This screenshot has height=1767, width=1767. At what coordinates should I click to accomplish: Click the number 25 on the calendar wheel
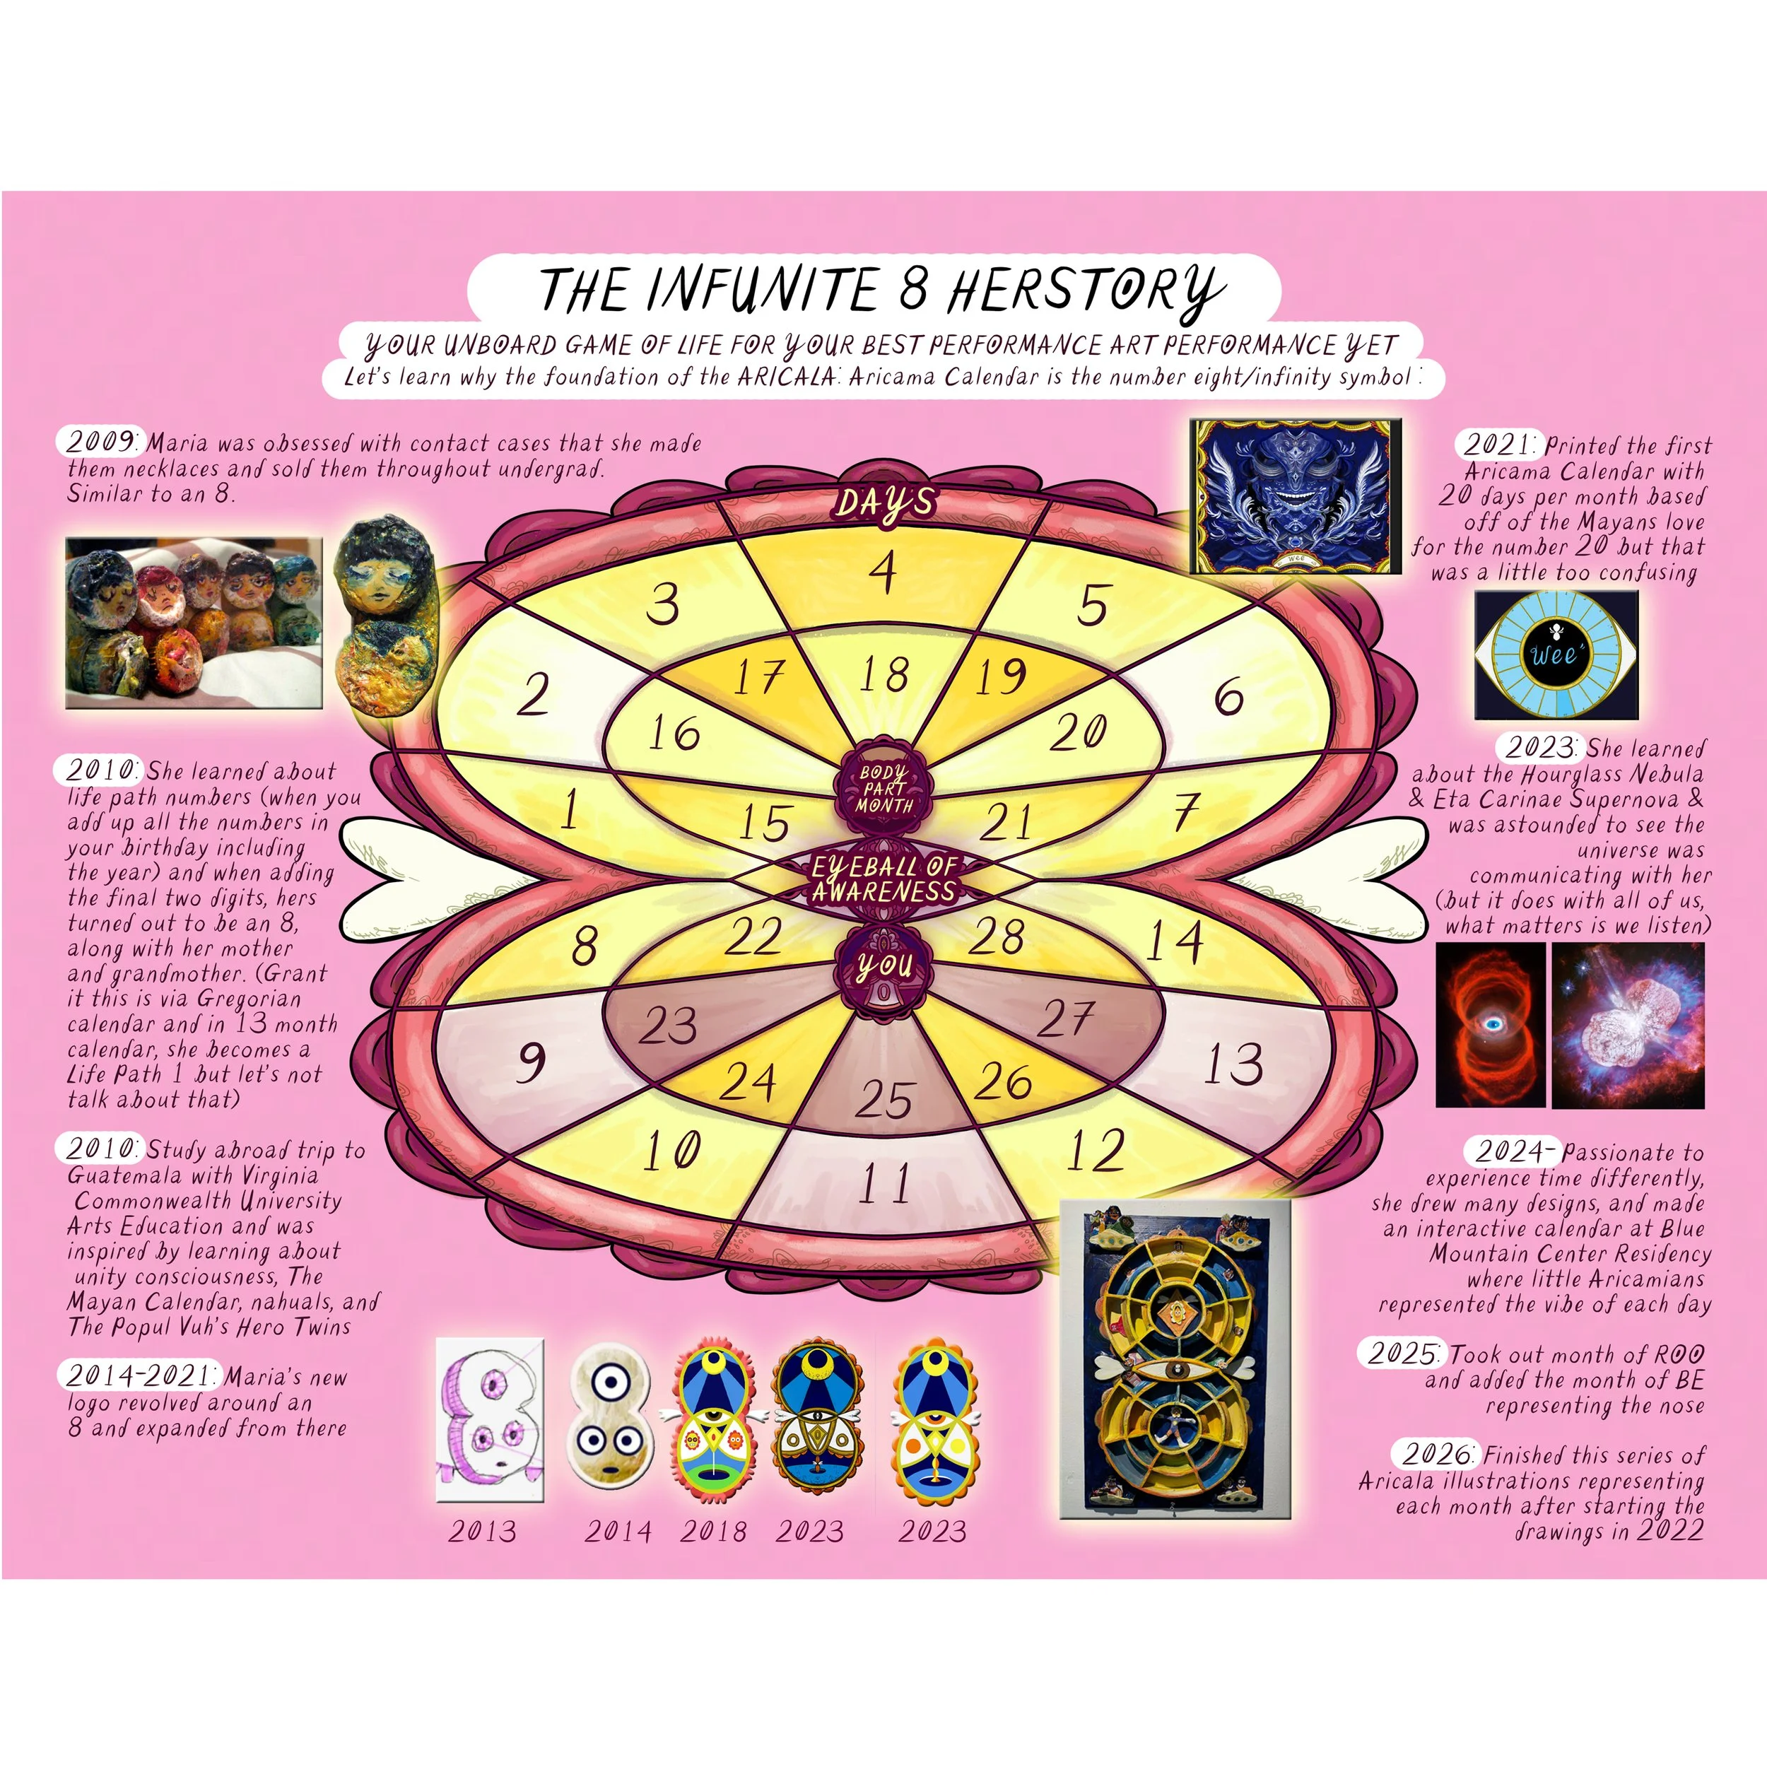point(884,1098)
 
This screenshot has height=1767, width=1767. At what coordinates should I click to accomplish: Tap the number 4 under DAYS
point(883,573)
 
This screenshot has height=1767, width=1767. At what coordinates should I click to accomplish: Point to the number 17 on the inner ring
point(758,677)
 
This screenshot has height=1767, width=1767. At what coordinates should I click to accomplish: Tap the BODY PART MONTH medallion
point(884,787)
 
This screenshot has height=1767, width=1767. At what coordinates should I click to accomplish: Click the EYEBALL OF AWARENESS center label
point(884,878)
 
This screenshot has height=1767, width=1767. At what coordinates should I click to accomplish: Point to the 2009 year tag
point(100,441)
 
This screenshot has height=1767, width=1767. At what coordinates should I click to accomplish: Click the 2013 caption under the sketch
point(482,1531)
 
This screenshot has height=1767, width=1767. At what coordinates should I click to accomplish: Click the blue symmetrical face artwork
point(1295,495)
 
